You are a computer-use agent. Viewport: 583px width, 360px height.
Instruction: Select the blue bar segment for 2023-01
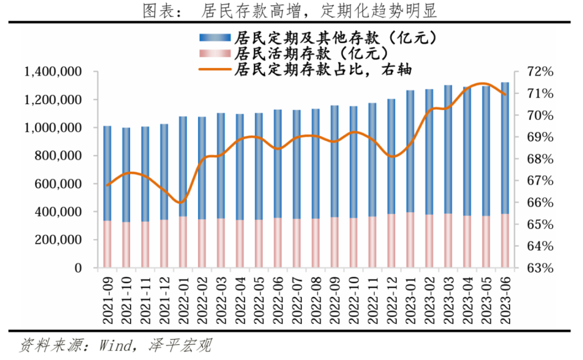click(x=410, y=151)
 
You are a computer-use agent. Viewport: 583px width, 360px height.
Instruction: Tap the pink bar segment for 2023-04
click(x=467, y=242)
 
